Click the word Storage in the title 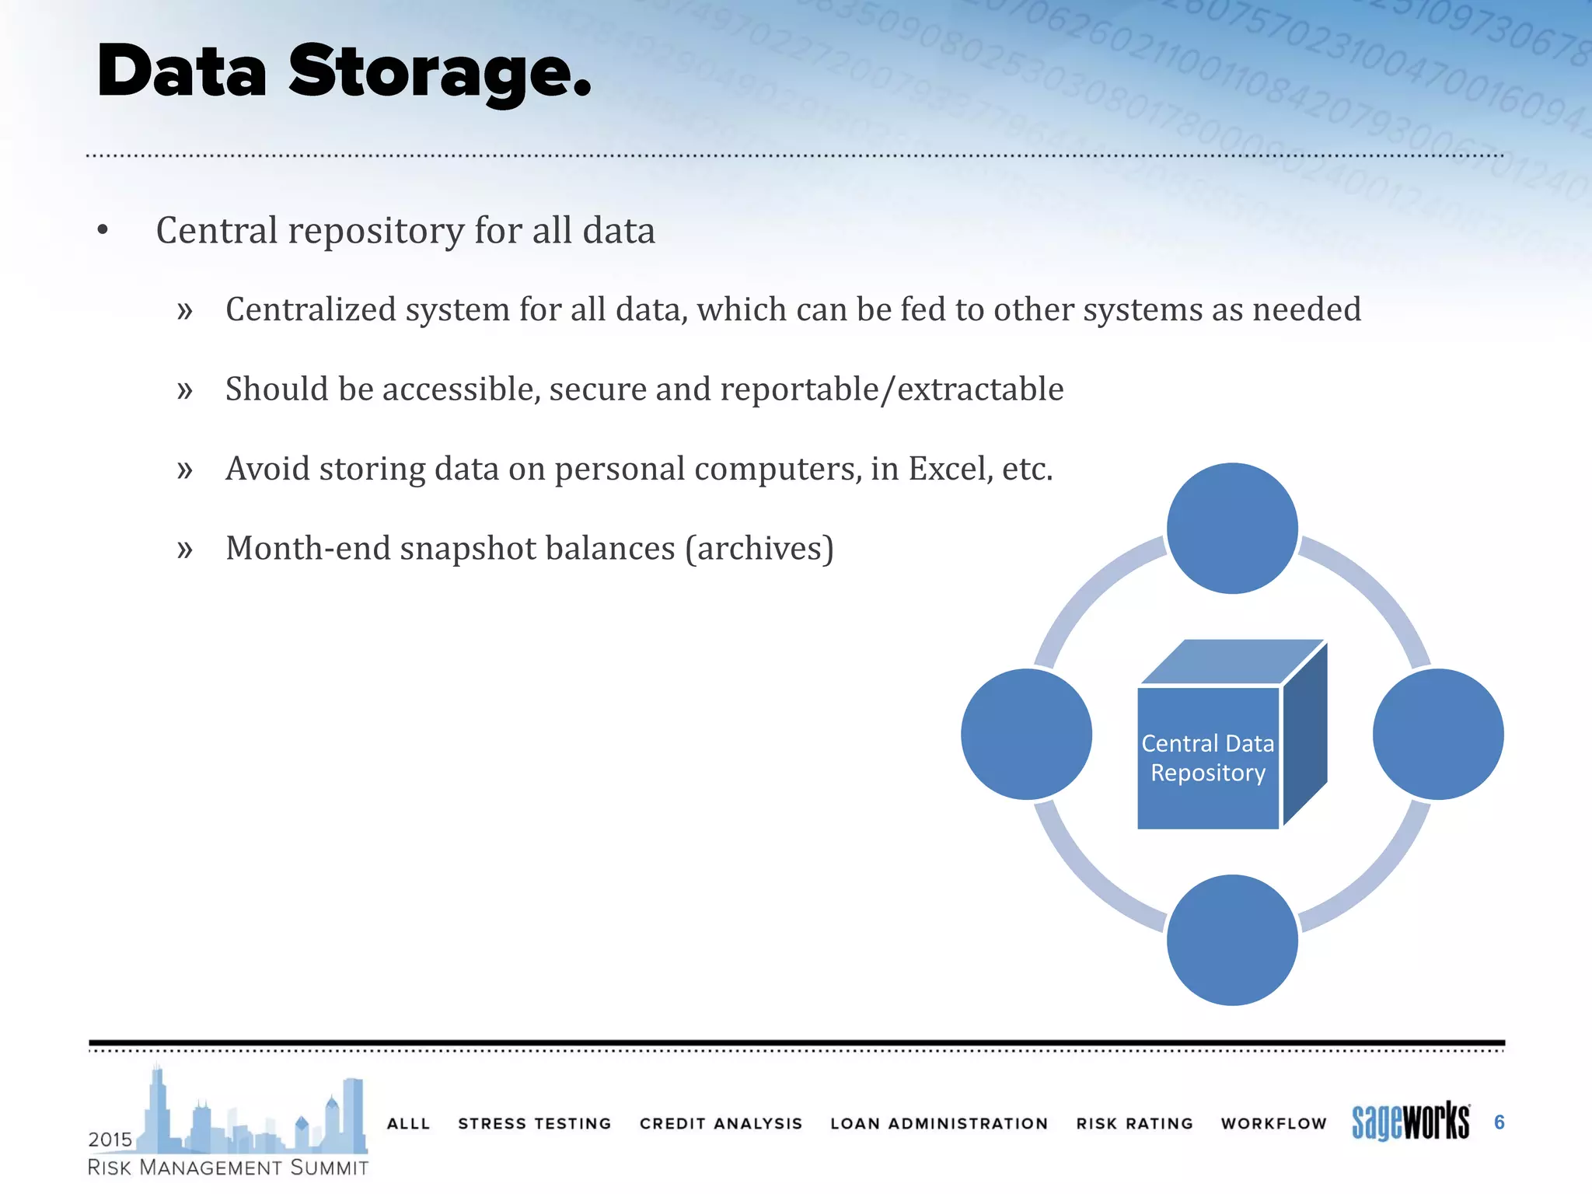439,72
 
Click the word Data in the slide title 182,72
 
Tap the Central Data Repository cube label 1207,758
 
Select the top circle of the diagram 1232,529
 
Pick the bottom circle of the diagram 1232,940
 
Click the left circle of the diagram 1026,734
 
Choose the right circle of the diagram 1438,734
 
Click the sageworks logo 1410,1122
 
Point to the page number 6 1499,1122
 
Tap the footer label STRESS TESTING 535,1123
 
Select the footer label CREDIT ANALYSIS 721,1123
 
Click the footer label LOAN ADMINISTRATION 939,1123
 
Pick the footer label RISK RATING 1134,1123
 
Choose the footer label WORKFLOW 1273,1123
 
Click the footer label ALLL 408,1123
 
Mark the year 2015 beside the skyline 110,1140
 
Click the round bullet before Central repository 103,230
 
